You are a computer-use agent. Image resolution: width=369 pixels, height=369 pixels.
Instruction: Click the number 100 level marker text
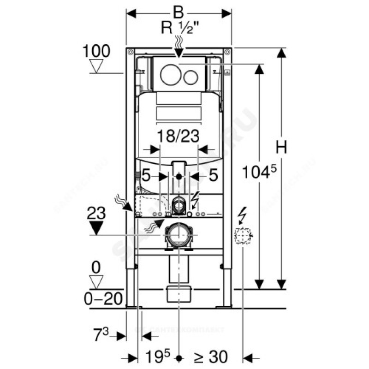(x=96, y=51)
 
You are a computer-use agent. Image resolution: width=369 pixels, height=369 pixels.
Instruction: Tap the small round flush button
(x=190, y=76)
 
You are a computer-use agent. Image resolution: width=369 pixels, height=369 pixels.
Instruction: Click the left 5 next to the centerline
(x=146, y=176)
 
